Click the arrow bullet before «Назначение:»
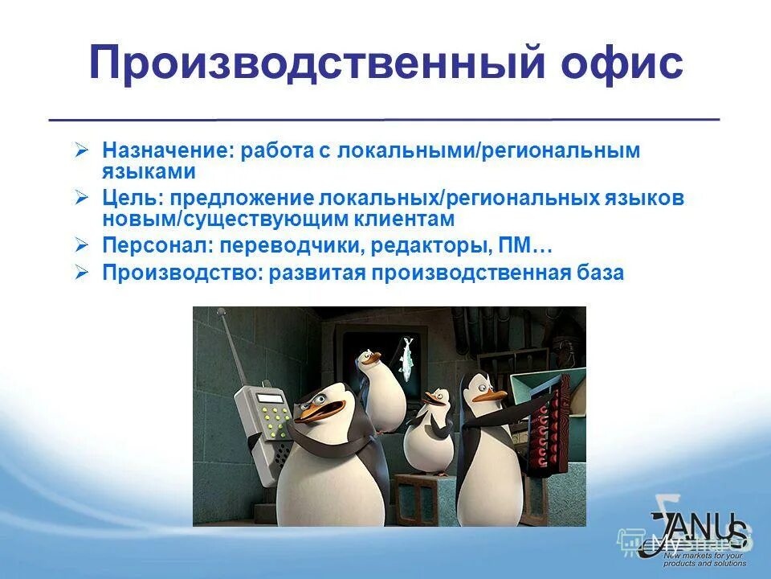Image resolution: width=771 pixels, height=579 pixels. (x=81, y=150)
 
